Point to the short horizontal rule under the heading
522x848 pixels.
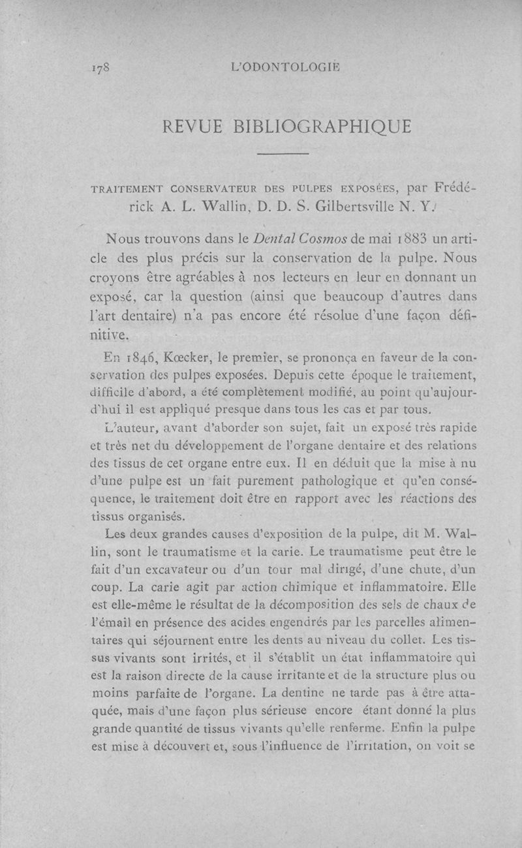pos(283,154)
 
